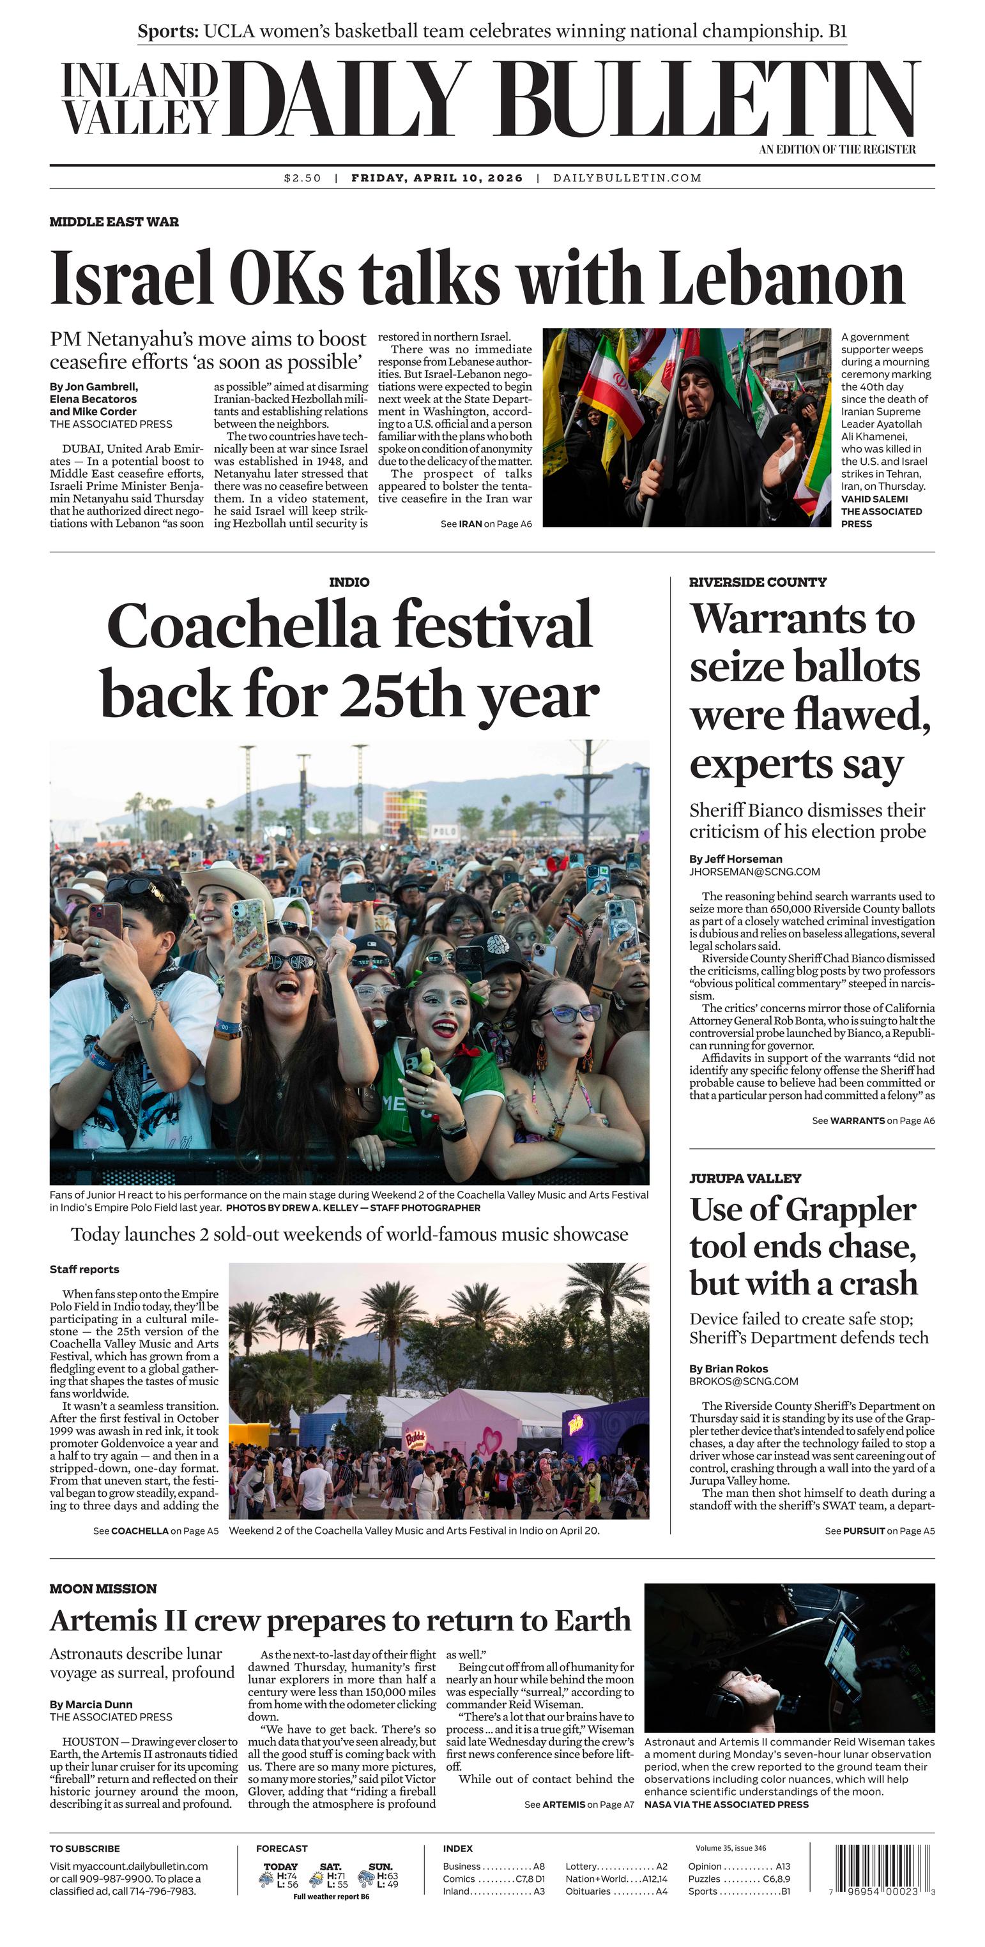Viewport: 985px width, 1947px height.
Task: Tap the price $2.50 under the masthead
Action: click(302, 178)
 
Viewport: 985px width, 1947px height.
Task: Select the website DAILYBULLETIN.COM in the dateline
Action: click(627, 178)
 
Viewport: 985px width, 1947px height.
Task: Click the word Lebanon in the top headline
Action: click(783, 278)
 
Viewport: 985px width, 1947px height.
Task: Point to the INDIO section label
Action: click(349, 582)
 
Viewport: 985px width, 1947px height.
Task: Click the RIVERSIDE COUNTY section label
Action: click(758, 582)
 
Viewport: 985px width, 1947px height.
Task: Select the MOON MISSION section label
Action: click(103, 1589)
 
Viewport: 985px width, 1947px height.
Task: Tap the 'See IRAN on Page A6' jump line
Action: click(486, 524)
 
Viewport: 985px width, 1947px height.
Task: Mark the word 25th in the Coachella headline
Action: click(404, 695)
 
